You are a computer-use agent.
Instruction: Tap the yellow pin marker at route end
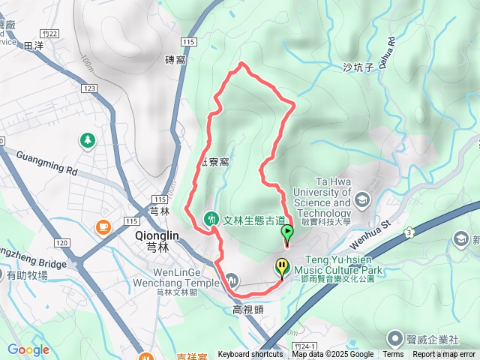click(x=281, y=266)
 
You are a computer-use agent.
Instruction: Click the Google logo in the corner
click(x=28, y=349)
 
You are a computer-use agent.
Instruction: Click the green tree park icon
click(x=88, y=139)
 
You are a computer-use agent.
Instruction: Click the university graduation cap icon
click(x=363, y=199)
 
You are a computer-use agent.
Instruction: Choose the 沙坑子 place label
click(x=358, y=67)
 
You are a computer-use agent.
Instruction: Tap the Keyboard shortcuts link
click(x=250, y=355)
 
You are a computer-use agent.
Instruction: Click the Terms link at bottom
click(x=393, y=355)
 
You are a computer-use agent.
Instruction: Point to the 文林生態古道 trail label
click(x=254, y=219)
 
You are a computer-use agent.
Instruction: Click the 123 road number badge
click(x=91, y=88)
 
